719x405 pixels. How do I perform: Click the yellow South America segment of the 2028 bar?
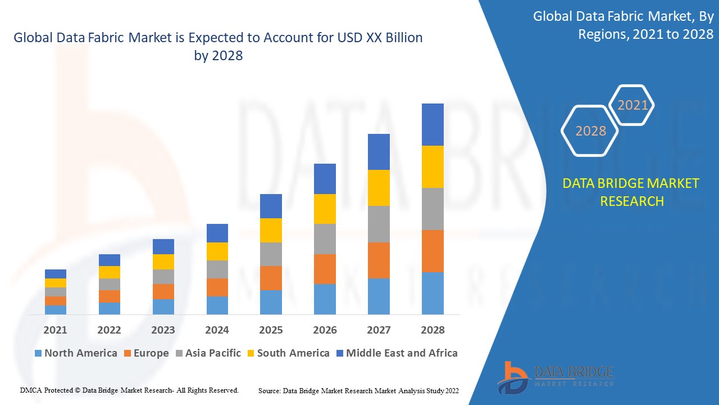coord(433,166)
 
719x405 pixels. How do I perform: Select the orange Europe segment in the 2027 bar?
coord(379,260)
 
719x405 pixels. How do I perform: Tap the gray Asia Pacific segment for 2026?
coord(325,239)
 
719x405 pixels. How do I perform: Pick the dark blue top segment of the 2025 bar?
coord(271,206)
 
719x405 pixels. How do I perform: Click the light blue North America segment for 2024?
coord(217,305)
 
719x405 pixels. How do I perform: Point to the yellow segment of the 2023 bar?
coord(163,262)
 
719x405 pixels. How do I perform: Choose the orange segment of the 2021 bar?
coord(56,301)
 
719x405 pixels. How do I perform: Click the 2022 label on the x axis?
coord(109,330)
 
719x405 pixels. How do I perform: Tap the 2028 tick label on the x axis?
coord(433,330)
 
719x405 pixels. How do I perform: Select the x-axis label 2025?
coord(271,330)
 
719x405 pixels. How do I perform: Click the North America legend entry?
coord(76,353)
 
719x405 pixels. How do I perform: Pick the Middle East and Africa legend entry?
coord(397,353)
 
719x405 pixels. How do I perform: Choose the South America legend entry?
coord(288,353)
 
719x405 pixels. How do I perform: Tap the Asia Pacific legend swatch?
coord(179,353)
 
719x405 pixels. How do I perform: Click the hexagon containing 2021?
coord(632,105)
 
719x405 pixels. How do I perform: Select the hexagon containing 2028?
coord(590,131)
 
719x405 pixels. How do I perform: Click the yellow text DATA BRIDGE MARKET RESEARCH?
coord(631,192)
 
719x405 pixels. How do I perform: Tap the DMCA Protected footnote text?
coord(129,390)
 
